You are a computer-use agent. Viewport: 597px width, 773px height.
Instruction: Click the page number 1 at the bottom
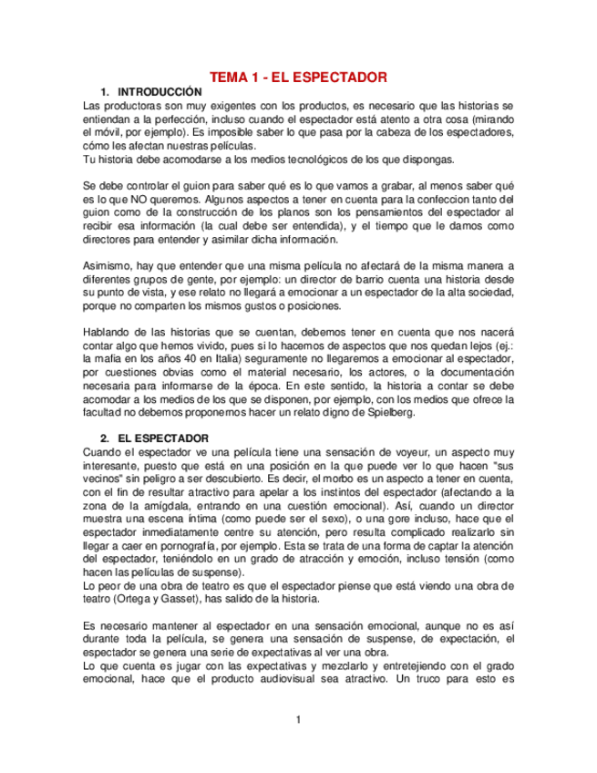297,721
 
